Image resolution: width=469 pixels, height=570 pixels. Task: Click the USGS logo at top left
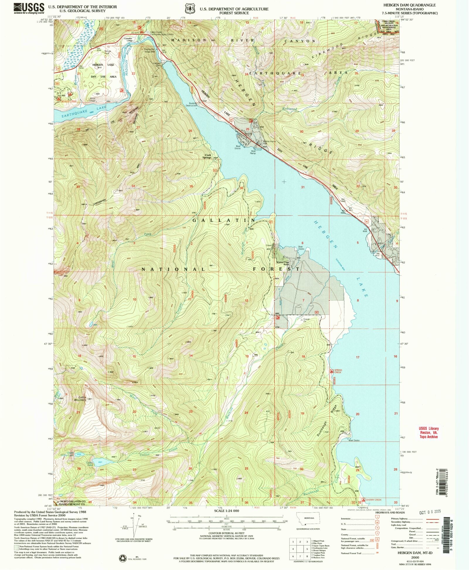coord(29,8)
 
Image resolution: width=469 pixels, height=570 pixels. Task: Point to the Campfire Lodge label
coord(128,39)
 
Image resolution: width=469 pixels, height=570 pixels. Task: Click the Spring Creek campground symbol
coord(332,371)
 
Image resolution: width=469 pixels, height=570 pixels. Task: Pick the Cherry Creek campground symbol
coord(364,500)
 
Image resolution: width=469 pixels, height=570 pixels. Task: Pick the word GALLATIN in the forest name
coord(225,220)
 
